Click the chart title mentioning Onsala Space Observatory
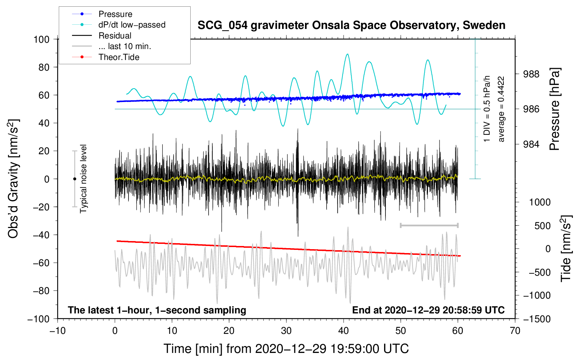[x=351, y=26]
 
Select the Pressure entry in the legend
[x=102, y=14]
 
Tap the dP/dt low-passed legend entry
[x=119, y=25]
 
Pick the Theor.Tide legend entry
[x=106, y=57]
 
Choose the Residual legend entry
[x=102, y=36]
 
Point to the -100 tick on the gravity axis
[x=38, y=319]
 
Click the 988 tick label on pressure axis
[x=531, y=74]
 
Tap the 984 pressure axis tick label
[x=531, y=144]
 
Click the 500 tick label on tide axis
[x=543, y=226]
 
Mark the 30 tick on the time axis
[x=286, y=331]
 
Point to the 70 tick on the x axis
[x=515, y=331]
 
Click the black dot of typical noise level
[x=74, y=179]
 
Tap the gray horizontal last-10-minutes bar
[x=429, y=225]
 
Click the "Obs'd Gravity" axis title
[x=13, y=179]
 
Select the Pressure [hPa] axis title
[x=554, y=109]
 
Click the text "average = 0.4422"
[x=501, y=109]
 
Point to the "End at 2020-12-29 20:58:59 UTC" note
[x=428, y=310]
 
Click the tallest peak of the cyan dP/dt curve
[x=347, y=54]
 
